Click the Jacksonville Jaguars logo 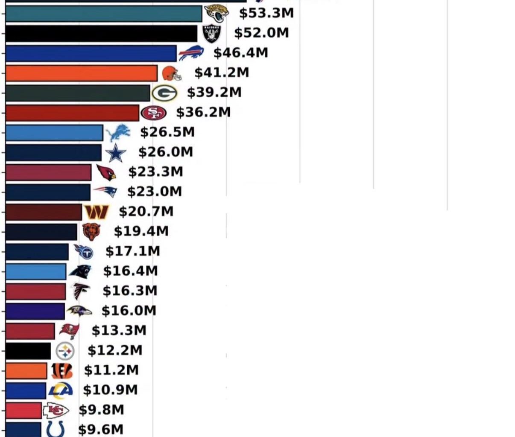(217, 13)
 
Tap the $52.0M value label (261, 33)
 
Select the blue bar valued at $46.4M (91, 53)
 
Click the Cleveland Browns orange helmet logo (171, 73)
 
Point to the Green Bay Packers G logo (164, 93)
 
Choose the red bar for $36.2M (72, 113)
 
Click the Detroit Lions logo (117, 133)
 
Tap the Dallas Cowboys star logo (116, 153)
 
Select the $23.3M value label (155, 172)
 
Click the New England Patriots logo (105, 192)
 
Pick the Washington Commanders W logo (97, 212)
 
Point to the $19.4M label (141, 231)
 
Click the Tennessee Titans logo (84, 252)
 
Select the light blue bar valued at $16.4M (36, 272)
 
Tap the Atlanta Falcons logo (81, 291)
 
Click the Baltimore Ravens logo (79, 311)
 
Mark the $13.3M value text (119, 330)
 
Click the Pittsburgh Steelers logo (65, 351)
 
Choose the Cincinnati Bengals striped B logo (61, 371)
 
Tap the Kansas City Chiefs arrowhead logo (56, 411)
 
